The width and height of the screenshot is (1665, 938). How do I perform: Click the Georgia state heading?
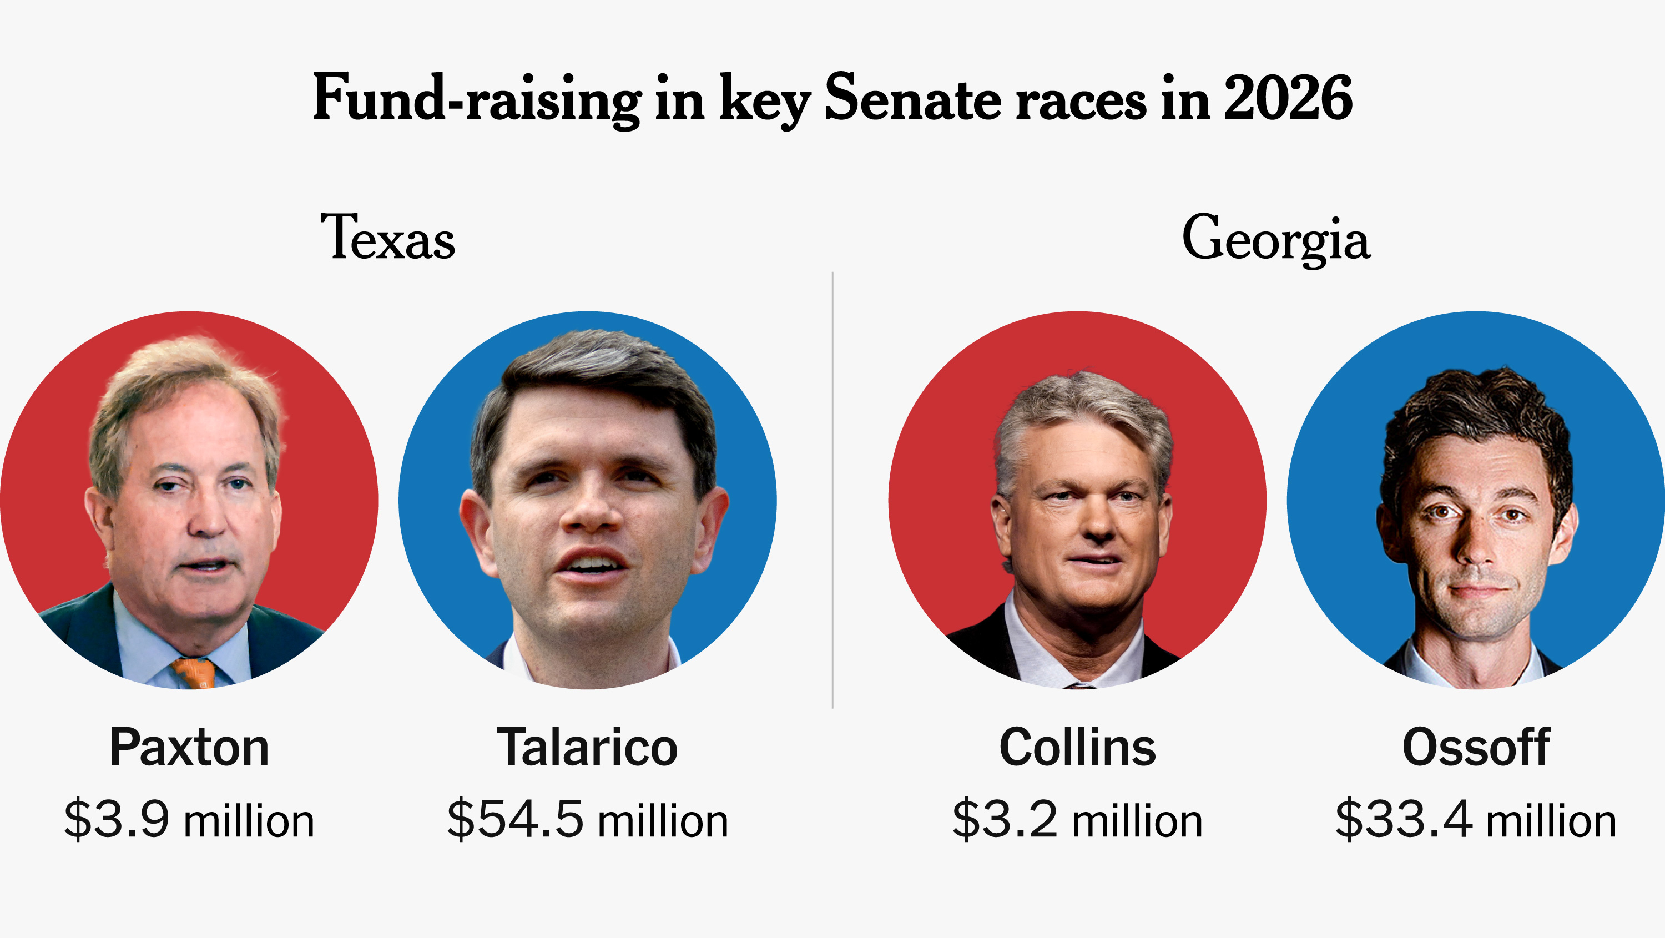(x=1276, y=240)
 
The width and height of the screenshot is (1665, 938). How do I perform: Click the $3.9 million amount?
(x=189, y=820)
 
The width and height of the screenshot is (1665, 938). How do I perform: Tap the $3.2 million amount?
(x=1077, y=820)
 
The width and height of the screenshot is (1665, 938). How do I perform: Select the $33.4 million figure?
(x=1476, y=820)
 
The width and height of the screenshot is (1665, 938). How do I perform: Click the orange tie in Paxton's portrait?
(x=194, y=674)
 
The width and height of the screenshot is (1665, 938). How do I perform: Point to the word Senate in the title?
(x=912, y=99)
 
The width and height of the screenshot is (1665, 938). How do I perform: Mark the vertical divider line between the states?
(x=833, y=490)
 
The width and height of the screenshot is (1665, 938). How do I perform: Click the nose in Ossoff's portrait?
(x=1476, y=543)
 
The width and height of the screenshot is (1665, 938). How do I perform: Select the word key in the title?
(x=765, y=103)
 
